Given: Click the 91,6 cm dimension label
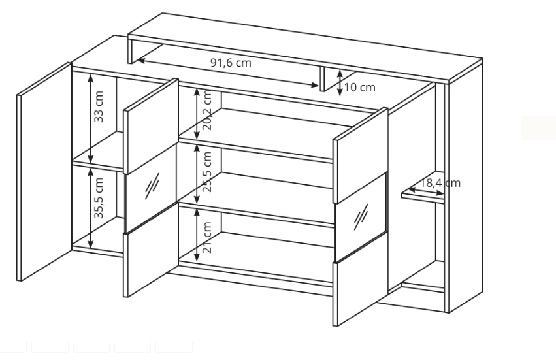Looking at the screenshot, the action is (231, 63).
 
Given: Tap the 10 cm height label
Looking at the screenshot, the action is (359, 88).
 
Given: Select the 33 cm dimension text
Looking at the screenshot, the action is (99, 106).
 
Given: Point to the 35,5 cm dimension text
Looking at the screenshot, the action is (99, 198).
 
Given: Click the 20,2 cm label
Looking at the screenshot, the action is (207, 110).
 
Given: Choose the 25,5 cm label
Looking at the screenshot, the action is (207, 172).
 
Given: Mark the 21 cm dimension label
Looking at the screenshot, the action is (207, 237).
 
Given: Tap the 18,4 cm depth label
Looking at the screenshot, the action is (440, 183).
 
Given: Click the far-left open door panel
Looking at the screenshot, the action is (44, 172).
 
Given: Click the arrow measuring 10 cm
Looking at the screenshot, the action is (340, 83).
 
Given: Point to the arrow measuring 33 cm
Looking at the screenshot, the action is (91, 119).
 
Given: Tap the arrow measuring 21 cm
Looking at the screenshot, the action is (197, 235).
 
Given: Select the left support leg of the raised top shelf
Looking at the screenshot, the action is (130, 52).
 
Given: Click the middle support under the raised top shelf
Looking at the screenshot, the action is (323, 79).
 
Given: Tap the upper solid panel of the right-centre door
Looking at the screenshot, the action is (360, 155).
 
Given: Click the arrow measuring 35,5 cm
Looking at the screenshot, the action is (91, 208).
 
